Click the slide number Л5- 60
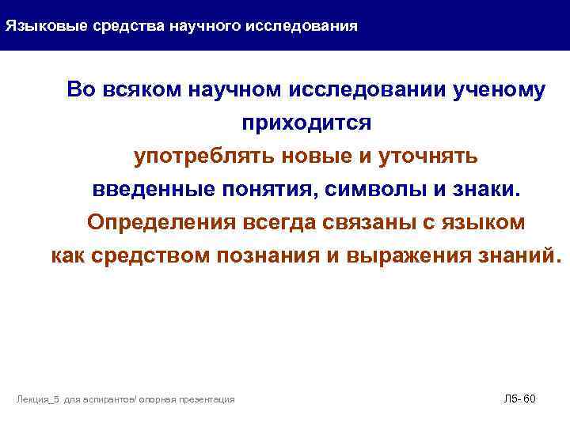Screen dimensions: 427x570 (x=519, y=399)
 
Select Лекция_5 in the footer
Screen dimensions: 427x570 (x=38, y=400)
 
